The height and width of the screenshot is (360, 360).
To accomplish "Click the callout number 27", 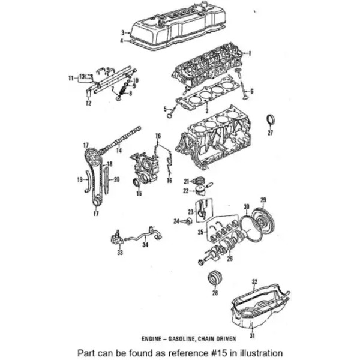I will (x=270, y=133).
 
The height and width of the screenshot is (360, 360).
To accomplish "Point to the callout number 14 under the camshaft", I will (x=119, y=151).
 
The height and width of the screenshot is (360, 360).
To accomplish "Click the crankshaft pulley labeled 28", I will (x=215, y=280).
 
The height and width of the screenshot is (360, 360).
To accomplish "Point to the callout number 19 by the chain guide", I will (x=71, y=77).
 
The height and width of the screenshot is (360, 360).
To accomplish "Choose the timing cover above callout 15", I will (x=146, y=167).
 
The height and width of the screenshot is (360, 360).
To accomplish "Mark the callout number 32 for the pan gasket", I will (x=254, y=281).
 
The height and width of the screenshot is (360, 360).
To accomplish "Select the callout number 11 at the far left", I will (x=71, y=77).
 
